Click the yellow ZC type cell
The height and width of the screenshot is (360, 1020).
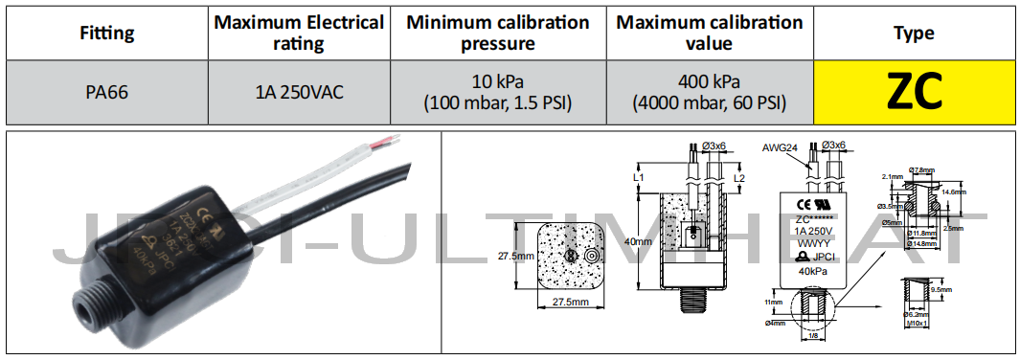[x=914, y=92]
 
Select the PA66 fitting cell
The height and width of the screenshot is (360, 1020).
[x=106, y=92]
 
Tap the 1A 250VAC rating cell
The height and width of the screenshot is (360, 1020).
[x=299, y=92]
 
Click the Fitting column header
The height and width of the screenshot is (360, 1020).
[x=106, y=33]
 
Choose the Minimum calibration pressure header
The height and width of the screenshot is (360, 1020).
[x=497, y=33]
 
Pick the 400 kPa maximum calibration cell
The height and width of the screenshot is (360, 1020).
[x=709, y=92]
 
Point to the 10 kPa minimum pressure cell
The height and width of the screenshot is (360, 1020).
[x=497, y=92]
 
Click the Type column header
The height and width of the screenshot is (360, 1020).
[x=914, y=33]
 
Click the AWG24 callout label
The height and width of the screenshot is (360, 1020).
[x=780, y=148]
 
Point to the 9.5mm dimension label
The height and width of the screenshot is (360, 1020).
[x=940, y=288]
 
